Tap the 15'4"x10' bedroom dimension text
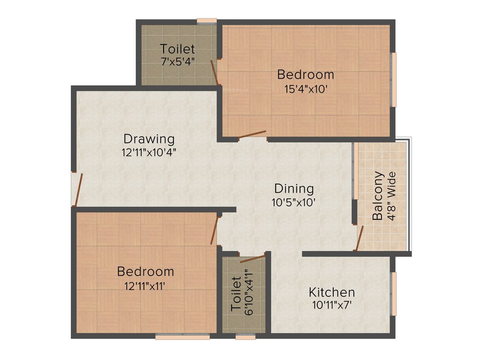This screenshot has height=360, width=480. point(305,89)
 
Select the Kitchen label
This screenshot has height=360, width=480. point(331,292)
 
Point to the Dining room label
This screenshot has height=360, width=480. point(294,188)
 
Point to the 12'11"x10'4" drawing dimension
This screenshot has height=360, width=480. point(149,152)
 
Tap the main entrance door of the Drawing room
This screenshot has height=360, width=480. point(78,190)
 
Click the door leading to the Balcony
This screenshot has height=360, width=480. point(360,238)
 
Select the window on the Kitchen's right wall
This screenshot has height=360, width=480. point(394,294)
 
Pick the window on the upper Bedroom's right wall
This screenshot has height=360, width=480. point(394,80)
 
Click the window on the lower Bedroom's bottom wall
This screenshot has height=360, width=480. point(182,336)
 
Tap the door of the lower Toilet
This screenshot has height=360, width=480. point(252,258)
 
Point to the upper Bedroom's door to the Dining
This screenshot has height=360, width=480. point(252,135)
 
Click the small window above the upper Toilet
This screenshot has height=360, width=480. point(206,21)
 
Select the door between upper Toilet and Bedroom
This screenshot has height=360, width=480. point(214,72)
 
